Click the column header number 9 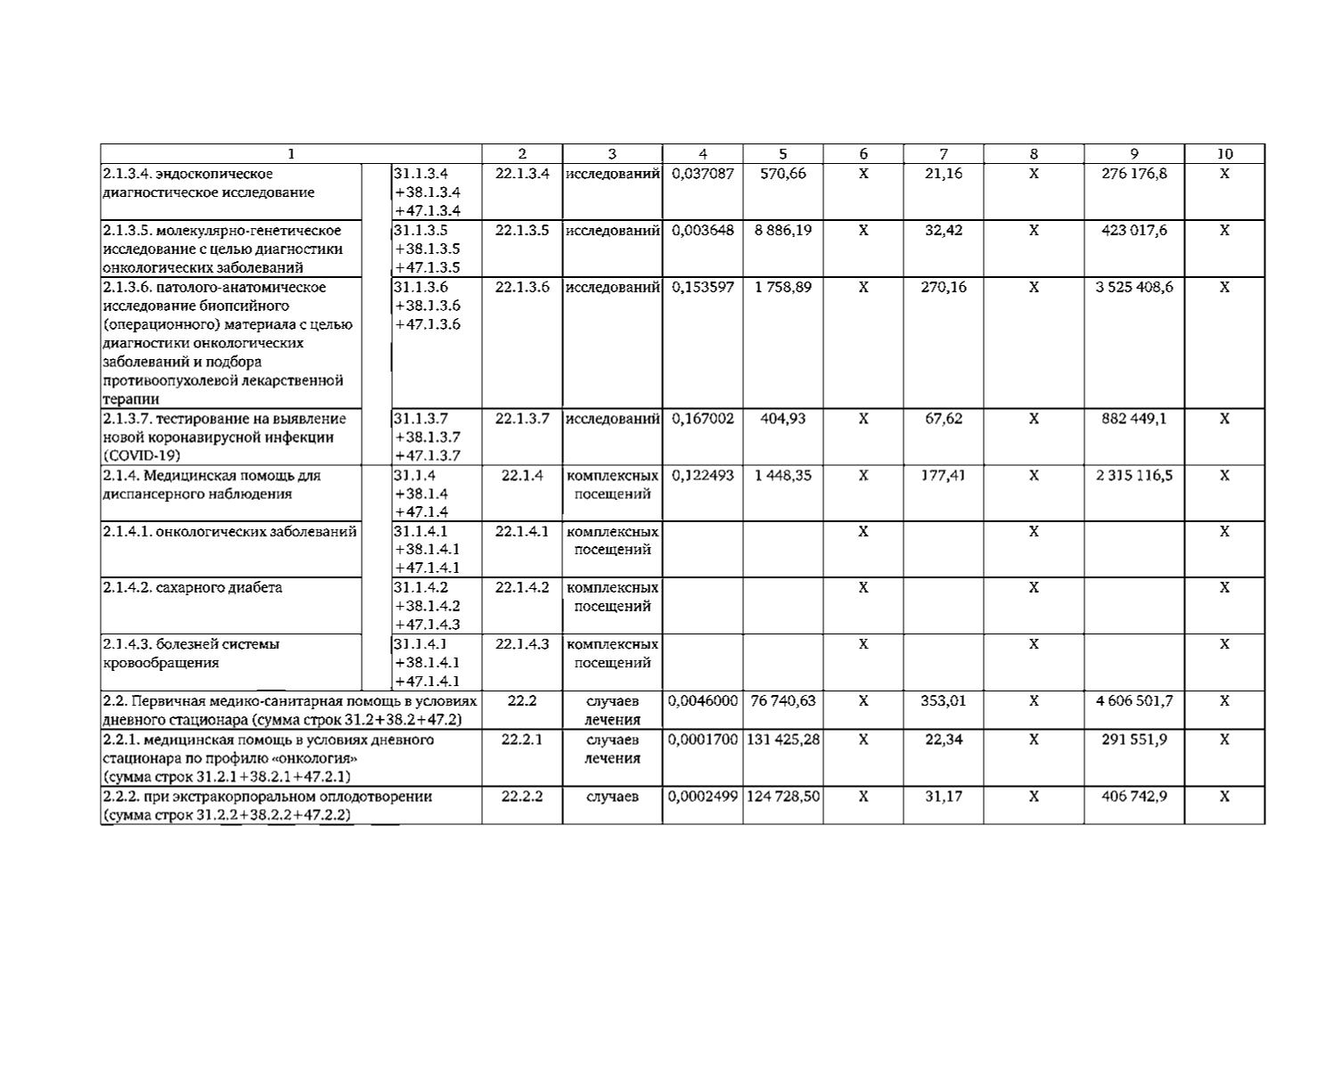pyautogui.click(x=1133, y=154)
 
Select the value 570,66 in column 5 pyautogui.click(x=782, y=174)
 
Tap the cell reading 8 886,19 pyautogui.click(x=782, y=231)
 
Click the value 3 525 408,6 pyautogui.click(x=1133, y=288)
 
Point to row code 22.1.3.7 pyautogui.click(x=521, y=419)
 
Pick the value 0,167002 pyautogui.click(x=702, y=419)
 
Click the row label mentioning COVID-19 pyautogui.click(x=225, y=437)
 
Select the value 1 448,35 pyautogui.click(x=782, y=476)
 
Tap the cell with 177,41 pyautogui.click(x=943, y=476)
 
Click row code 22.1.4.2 pyautogui.click(x=521, y=588)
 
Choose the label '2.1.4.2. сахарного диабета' pyautogui.click(x=192, y=588)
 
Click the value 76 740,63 pyautogui.click(x=782, y=701)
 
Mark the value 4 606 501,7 pyautogui.click(x=1133, y=701)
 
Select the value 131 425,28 pyautogui.click(x=782, y=740)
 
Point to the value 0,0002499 pyautogui.click(x=702, y=797)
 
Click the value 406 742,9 pyautogui.click(x=1133, y=797)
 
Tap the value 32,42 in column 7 pyautogui.click(x=943, y=231)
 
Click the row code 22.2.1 pyautogui.click(x=521, y=740)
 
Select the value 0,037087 pyautogui.click(x=702, y=174)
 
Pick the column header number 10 pyautogui.click(x=1224, y=154)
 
